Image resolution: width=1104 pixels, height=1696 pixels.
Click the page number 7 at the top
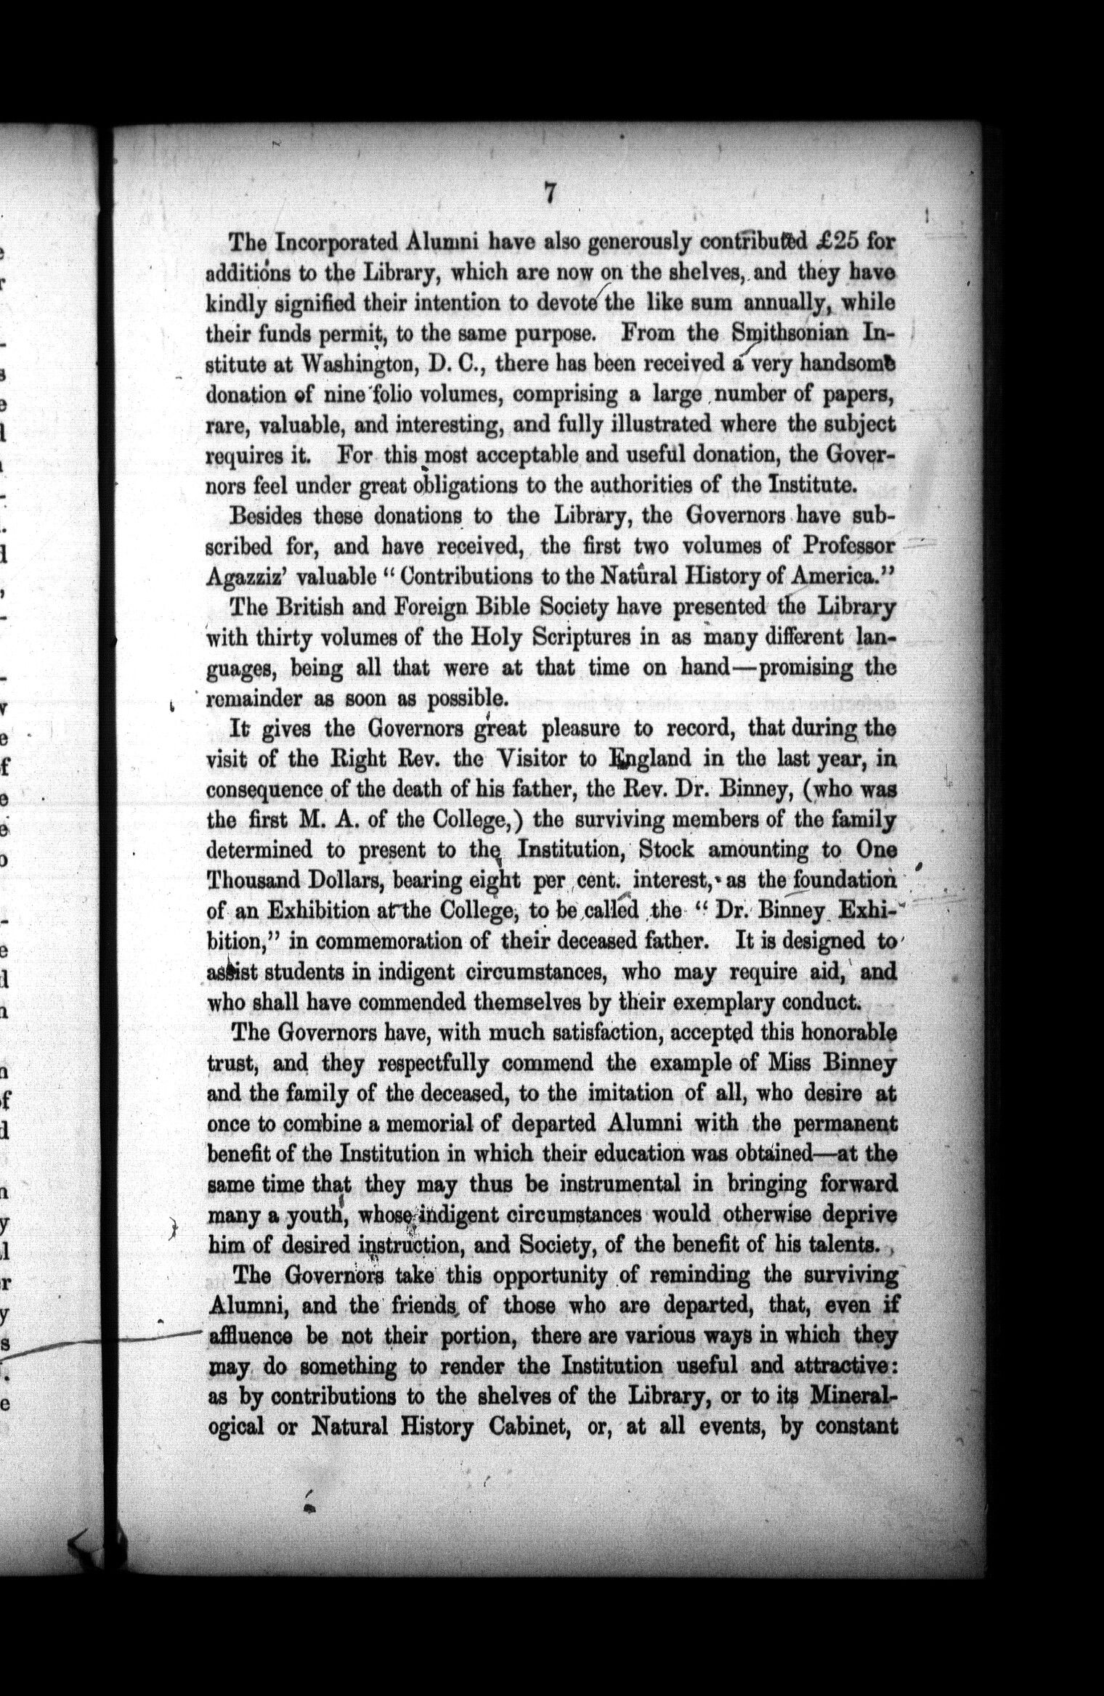[550, 195]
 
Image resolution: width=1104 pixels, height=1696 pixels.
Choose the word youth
[312, 1215]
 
